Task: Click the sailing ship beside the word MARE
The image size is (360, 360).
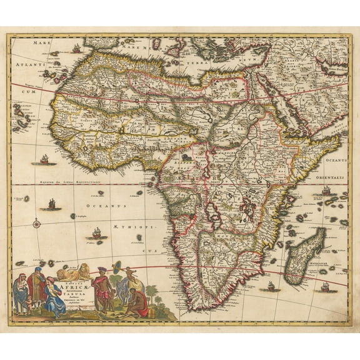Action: pos(76,48)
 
